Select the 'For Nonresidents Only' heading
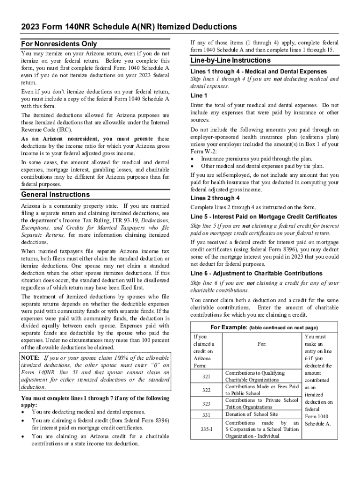point(59,44)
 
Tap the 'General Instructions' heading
point(56,194)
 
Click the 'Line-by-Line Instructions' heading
point(230,60)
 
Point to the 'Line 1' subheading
point(199,95)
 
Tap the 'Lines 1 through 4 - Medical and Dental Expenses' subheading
point(259,72)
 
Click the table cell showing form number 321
point(206,376)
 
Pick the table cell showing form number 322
point(206,390)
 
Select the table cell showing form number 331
point(206,414)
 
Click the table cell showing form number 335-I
point(206,429)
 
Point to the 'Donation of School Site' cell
point(252,414)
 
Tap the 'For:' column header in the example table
point(262,344)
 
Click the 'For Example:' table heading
point(229,327)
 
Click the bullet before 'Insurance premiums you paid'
point(194,159)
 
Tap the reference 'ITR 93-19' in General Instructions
point(128,220)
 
